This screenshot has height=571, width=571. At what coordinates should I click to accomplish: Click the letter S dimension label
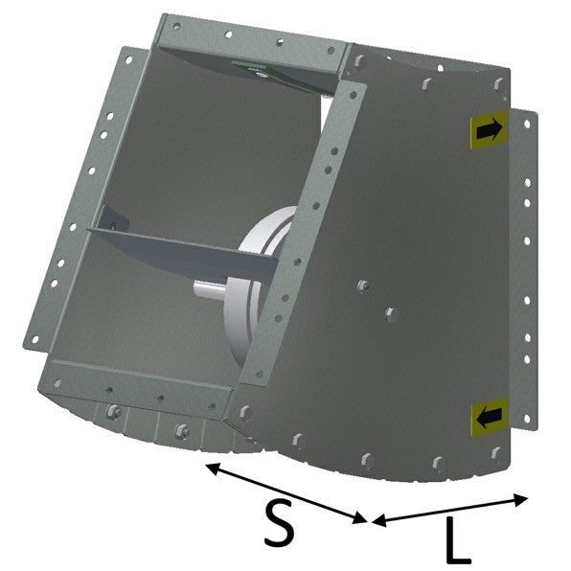[x=279, y=523]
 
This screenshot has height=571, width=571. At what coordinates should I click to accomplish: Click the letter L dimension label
[x=458, y=540]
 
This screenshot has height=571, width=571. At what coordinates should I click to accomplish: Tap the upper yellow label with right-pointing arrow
[x=489, y=129]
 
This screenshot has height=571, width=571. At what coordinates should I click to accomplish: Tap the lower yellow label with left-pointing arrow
[x=489, y=418]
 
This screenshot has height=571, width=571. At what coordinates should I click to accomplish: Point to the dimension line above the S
[x=286, y=493]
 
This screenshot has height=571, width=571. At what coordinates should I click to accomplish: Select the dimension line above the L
[x=449, y=510]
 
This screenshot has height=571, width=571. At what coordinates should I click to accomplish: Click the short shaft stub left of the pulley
[x=210, y=288]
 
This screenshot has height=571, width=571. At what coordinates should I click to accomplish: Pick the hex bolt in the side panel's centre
[x=392, y=314]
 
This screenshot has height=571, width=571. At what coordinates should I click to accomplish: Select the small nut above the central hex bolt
[x=363, y=285]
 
